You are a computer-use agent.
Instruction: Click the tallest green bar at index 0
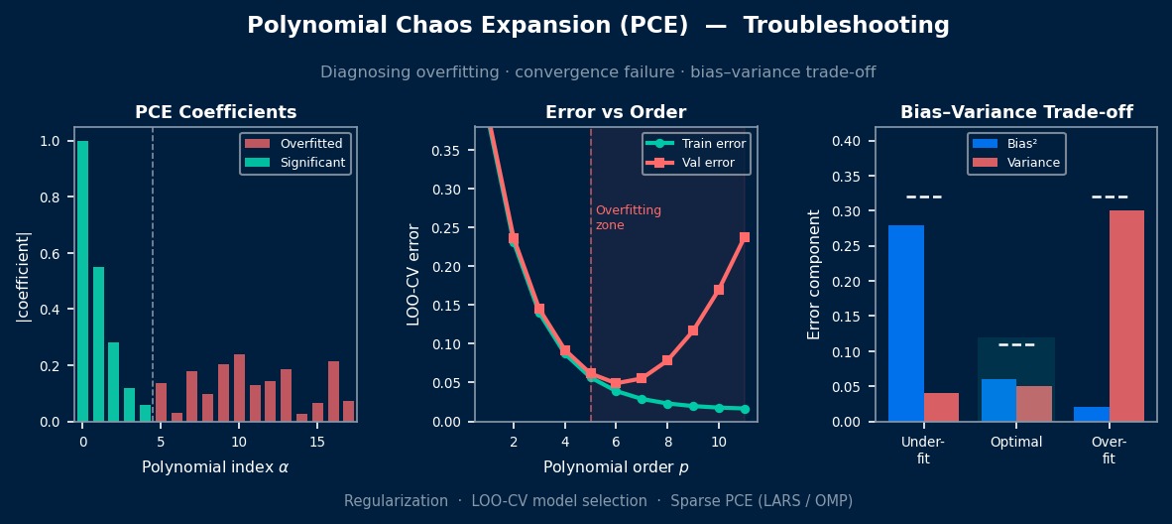(82, 282)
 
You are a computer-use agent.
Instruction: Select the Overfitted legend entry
(293, 144)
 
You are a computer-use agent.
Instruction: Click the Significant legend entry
(295, 161)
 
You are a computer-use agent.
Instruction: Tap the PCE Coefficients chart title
(216, 112)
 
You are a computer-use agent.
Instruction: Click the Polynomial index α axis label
(215, 467)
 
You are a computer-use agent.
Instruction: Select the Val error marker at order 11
(745, 237)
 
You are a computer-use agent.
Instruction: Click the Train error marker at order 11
(745, 409)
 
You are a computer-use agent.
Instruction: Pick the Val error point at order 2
(514, 239)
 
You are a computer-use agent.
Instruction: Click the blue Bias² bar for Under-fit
(906, 324)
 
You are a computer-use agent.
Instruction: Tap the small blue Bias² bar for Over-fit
(1092, 414)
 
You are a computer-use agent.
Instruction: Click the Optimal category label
(1015, 442)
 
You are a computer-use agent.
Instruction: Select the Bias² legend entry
(1015, 144)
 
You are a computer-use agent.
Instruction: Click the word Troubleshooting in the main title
(846, 26)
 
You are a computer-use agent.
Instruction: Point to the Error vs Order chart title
(616, 112)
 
